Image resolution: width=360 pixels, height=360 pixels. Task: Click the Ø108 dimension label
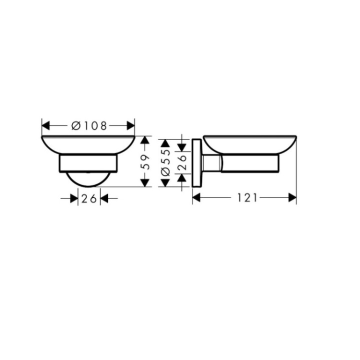[89, 126]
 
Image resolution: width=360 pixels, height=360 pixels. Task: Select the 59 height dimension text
[145, 161]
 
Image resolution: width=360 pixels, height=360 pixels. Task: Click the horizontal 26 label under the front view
[89, 198]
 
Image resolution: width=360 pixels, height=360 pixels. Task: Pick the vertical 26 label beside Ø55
[182, 161]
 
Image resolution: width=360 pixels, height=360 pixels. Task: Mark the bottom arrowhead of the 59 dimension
[145, 182]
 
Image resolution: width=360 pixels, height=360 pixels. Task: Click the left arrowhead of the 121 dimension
[196, 198]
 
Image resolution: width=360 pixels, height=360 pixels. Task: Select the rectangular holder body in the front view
[89, 163]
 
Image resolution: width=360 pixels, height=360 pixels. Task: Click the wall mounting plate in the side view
[196, 163]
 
